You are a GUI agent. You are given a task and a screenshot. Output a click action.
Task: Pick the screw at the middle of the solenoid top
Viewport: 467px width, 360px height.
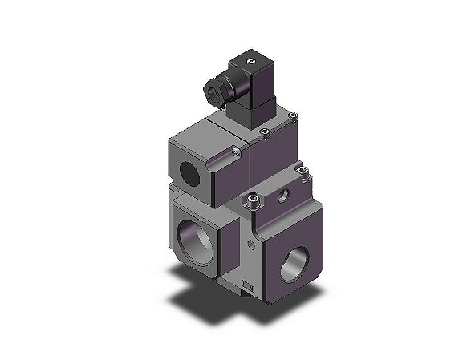click(265, 131)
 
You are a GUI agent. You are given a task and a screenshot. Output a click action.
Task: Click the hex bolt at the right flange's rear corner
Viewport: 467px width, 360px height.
click(303, 169)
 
